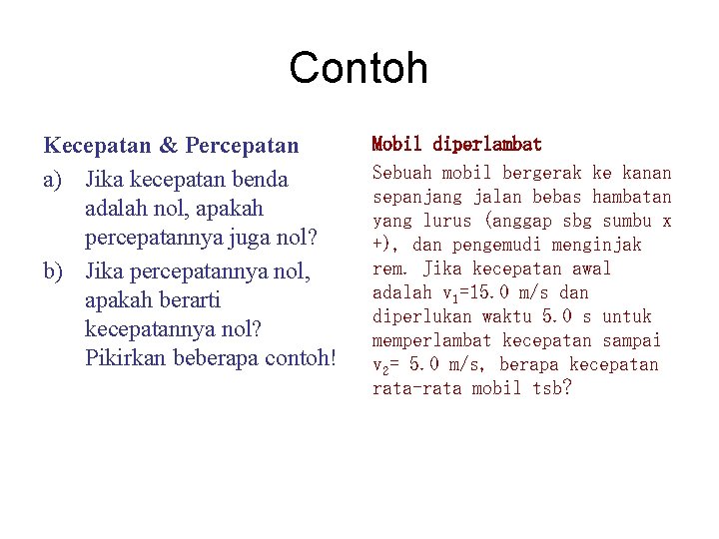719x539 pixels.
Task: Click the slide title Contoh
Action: coord(359,68)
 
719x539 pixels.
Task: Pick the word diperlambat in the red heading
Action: coord(488,146)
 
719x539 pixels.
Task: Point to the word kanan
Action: coord(646,173)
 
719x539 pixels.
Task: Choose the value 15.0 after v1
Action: coord(485,292)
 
